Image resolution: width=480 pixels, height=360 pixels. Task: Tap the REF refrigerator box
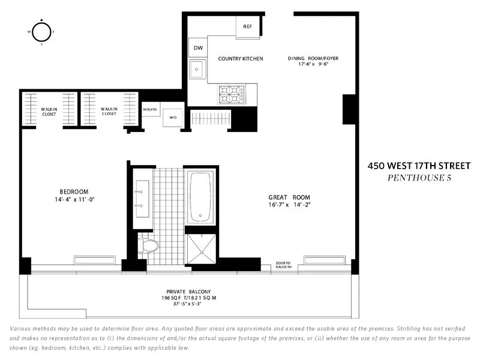pyautogui.click(x=247, y=26)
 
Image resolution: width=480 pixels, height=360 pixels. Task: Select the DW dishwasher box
pyautogui.click(x=197, y=49)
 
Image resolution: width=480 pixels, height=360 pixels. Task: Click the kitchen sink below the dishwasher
pyautogui.click(x=197, y=70)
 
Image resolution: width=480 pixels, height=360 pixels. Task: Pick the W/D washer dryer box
pyautogui.click(x=173, y=118)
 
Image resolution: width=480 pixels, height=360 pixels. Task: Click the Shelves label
pyautogui.click(x=149, y=110)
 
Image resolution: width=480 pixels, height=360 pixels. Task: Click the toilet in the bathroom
pyautogui.click(x=148, y=245)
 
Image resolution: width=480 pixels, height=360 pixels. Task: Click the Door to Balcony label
pyautogui.click(x=284, y=264)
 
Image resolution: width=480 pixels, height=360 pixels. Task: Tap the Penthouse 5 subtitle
pyautogui.click(x=419, y=178)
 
